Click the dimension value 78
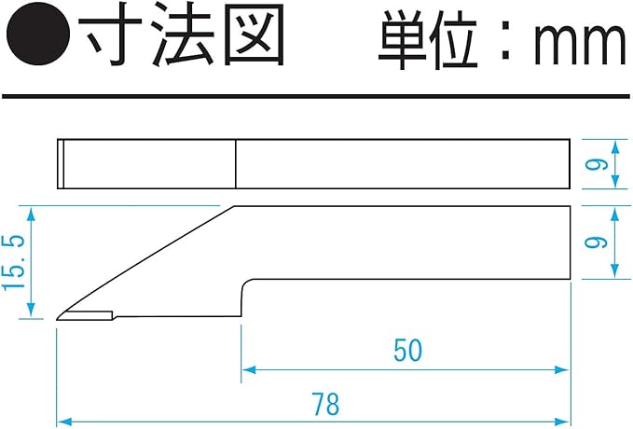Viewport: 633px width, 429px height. click(325, 405)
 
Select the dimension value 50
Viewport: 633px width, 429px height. click(407, 351)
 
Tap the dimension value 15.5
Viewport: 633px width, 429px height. click(13, 263)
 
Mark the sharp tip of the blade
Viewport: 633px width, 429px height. click(58, 320)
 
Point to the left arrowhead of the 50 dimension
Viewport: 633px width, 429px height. click(248, 369)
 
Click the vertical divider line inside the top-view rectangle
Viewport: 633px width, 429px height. click(235, 164)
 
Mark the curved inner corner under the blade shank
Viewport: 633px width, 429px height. click(246, 282)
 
